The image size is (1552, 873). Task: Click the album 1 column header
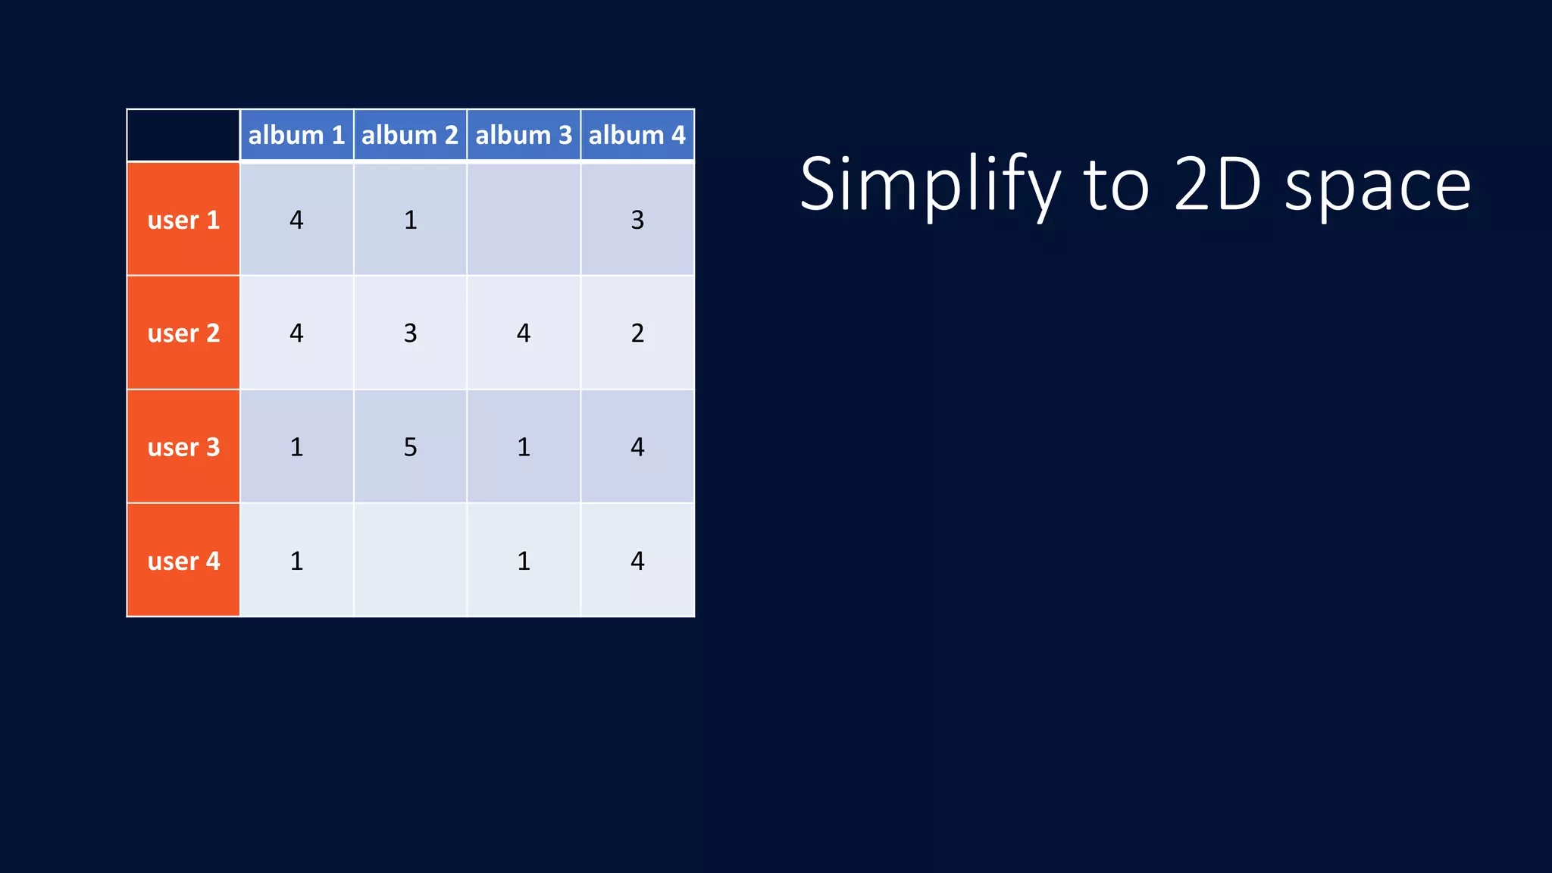tap(296, 135)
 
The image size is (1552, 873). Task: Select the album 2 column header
tap(410, 135)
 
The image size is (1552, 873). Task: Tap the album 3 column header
tap(524, 135)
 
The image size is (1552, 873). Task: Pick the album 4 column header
tap(637, 135)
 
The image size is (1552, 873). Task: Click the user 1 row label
tap(183, 220)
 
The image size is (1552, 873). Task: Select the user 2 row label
tap(183, 333)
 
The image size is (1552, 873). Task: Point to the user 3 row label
tap(183, 447)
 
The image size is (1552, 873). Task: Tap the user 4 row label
tap(183, 561)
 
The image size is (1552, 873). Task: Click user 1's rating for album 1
tap(296, 220)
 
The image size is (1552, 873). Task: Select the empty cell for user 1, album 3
tap(524, 220)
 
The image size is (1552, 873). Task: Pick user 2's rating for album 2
tap(410, 333)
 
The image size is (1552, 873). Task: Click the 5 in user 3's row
tap(410, 447)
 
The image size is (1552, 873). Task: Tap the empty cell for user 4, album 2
tap(410, 561)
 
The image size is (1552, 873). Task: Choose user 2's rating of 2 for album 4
tap(637, 333)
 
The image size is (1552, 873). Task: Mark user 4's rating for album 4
tap(637, 561)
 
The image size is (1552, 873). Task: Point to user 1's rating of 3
tap(637, 220)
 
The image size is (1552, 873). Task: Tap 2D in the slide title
tap(1217, 184)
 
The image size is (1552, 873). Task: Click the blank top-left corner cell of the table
tap(183, 135)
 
